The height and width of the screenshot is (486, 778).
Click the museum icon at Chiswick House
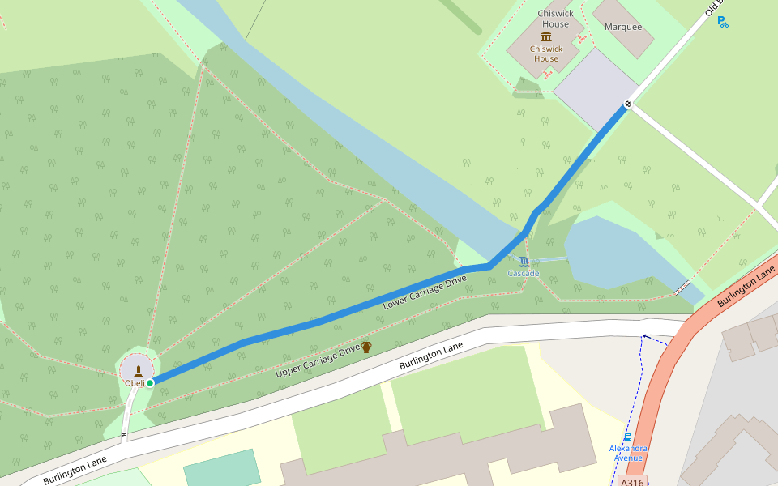(x=545, y=36)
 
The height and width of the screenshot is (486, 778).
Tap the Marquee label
(x=623, y=27)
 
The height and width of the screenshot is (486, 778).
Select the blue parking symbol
(x=722, y=23)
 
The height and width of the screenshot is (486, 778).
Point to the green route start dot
(x=150, y=382)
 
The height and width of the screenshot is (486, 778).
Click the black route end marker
(x=628, y=104)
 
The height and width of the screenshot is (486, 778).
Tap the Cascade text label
(x=524, y=274)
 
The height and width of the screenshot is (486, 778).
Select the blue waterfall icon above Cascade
(x=524, y=262)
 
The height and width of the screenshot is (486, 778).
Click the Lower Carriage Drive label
(x=425, y=292)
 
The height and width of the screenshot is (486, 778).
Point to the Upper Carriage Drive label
(x=318, y=360)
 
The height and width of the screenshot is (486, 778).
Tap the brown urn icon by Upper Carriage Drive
(x=366, y=347)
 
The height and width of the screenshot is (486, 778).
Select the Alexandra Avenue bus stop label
(x=628, y=453)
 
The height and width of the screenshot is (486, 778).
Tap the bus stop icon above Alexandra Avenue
(x=628, y=437)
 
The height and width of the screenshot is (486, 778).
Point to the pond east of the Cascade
(x=608, y=251)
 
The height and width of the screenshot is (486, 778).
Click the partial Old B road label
(x=713, y=8)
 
